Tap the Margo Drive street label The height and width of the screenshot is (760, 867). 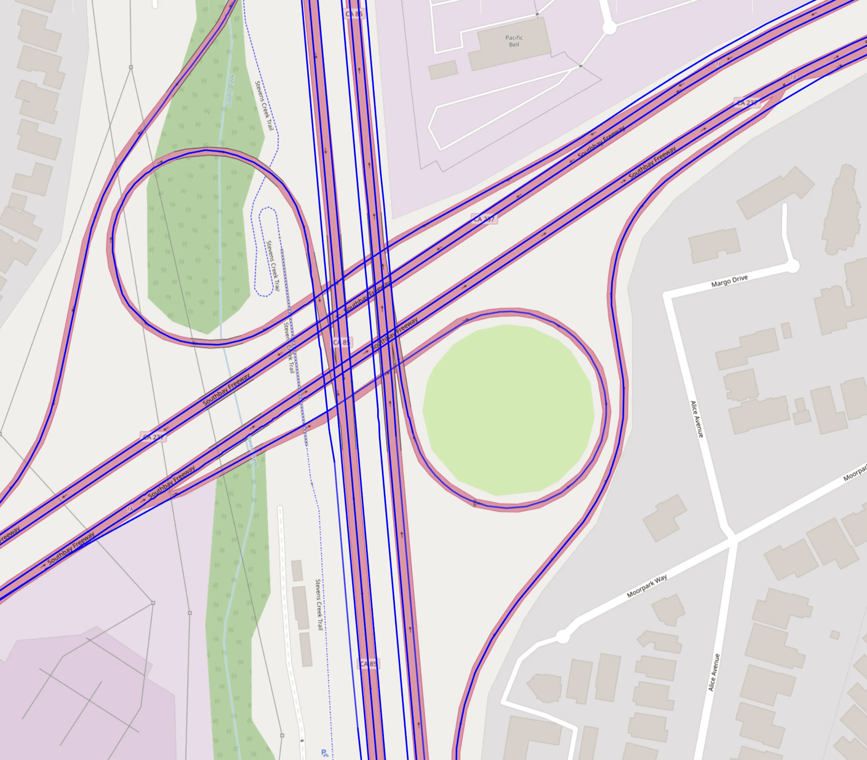pos(729,281)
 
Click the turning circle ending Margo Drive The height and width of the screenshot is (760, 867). pos(792,266)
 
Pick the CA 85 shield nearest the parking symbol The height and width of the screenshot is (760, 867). pos(368,664)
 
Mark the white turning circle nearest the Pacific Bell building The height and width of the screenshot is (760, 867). pos(609,28)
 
